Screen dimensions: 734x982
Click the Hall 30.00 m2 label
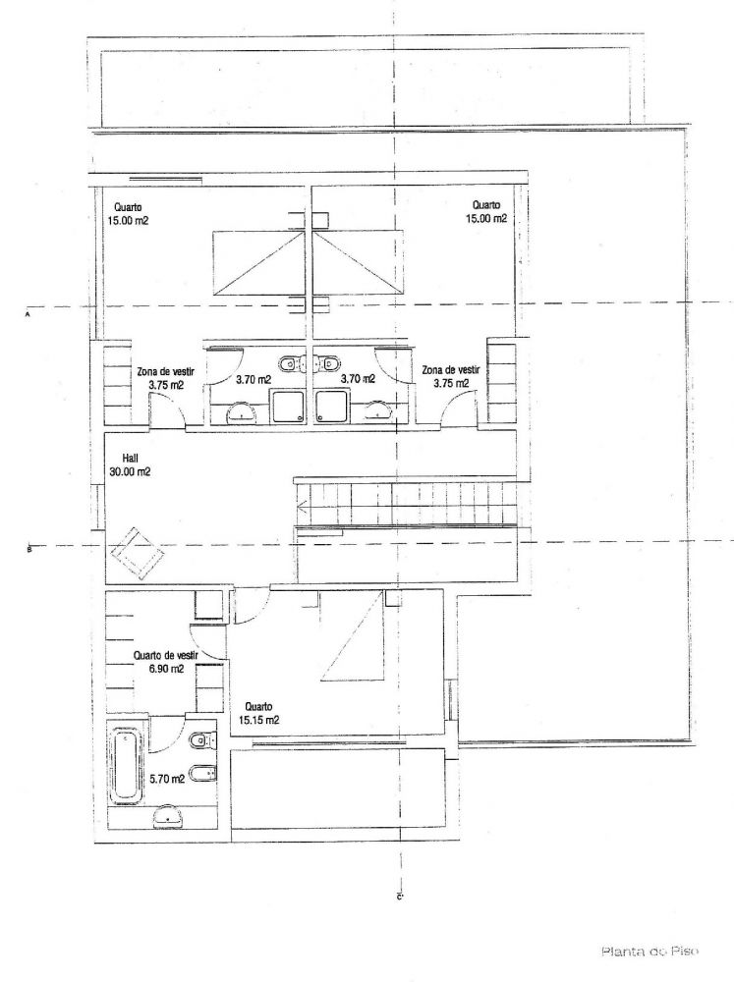click(x=130, y=465)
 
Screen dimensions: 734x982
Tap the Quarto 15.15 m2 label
click(x=258, y=713)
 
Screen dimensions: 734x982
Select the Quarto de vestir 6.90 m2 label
click(x=166, y=662)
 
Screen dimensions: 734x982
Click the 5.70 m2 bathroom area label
click(x=167, y=780)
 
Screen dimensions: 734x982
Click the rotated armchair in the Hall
click(x=138, y=553)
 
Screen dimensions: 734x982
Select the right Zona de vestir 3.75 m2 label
click(x=451, y=376)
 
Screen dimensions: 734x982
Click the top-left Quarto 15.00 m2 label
click(x=128, y=213)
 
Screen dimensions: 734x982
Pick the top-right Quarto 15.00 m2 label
click(x=485, y=212)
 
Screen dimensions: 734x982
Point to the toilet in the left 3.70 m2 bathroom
click(x=291, y=363)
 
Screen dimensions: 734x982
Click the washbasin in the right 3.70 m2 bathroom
click(x=376, y=410)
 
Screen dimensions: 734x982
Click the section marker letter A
click(x=28, y=315)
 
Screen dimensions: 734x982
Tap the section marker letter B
click(x=28, y=550)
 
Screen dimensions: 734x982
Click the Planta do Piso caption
click(x=649, y=952)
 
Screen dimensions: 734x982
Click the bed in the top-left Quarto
click(x=258, y=262)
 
